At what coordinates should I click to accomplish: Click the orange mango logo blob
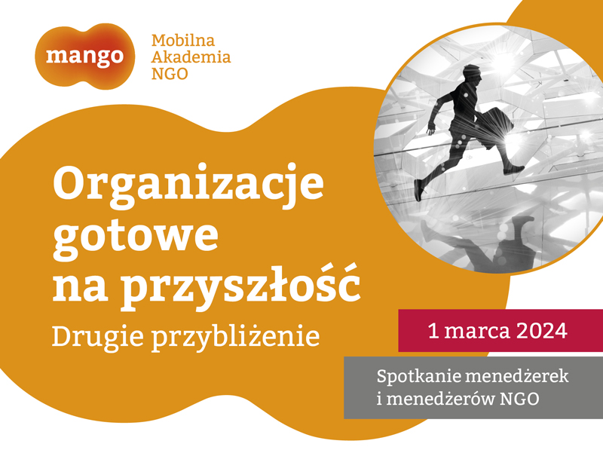[85, 56]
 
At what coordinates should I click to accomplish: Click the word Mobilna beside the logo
[183, 41]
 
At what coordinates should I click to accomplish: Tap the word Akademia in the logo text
[191, 57]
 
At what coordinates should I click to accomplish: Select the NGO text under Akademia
[170, 73]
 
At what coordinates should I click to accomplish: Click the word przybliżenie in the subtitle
[235, 337]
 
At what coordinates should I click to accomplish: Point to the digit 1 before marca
[433, 331]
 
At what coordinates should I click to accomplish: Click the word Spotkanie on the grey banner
[416, 376]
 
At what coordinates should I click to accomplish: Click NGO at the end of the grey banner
[519, 399]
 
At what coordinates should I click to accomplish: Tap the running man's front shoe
[513, 170]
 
